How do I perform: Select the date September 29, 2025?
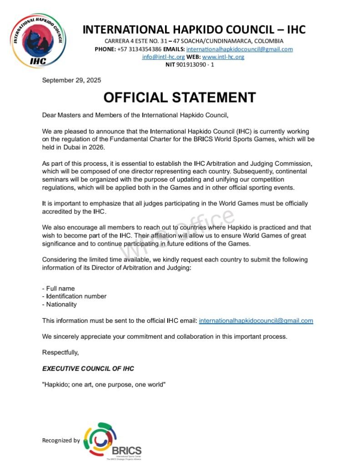tap(71, 80)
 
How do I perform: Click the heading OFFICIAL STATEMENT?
tap(180, 97)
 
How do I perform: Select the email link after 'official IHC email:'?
tap(256, 321)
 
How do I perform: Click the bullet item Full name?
tap(59, 288)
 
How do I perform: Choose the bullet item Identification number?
tap(75, 296)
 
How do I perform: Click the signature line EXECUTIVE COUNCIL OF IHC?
tap(88, 368)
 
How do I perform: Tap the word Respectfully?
tap(60, 352)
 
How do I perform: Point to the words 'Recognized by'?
tap(61, 440)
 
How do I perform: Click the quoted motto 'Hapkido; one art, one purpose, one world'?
tap(104, 385)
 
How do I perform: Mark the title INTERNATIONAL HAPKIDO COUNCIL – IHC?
tap(194, 30)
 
